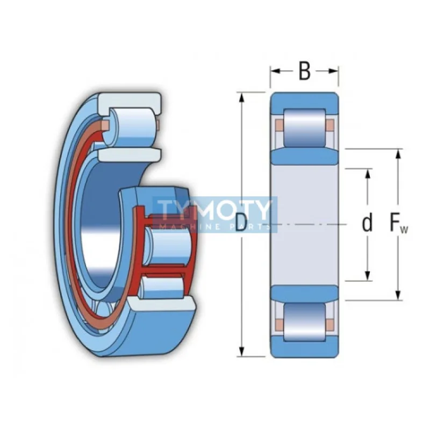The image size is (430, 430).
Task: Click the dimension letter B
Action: (304, 71)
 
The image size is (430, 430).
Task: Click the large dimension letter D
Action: (241, 223)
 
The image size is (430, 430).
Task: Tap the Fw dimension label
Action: (399, 224)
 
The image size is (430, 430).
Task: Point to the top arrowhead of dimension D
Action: (241, 98)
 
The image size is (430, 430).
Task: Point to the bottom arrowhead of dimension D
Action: (241, 352)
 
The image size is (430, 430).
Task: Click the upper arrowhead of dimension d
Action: (368, 174)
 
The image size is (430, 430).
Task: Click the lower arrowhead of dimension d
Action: (368, 276)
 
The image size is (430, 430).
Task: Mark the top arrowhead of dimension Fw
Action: (399, 154)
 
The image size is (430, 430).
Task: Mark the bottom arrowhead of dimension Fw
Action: (399, 295)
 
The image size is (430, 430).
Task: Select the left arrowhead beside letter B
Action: (275, 71)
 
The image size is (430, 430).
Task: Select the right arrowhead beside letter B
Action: (333, 71)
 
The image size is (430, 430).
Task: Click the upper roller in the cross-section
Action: (305, 128)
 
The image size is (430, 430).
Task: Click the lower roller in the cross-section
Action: (305, 322)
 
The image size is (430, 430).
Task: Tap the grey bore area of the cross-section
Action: (305, 225)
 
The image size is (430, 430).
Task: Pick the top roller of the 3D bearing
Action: (132, 127)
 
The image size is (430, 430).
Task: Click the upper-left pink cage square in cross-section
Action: (279, 124)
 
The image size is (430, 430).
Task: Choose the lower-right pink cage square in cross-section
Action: (330, 324)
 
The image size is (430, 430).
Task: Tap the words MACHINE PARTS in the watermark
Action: (214, 227)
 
